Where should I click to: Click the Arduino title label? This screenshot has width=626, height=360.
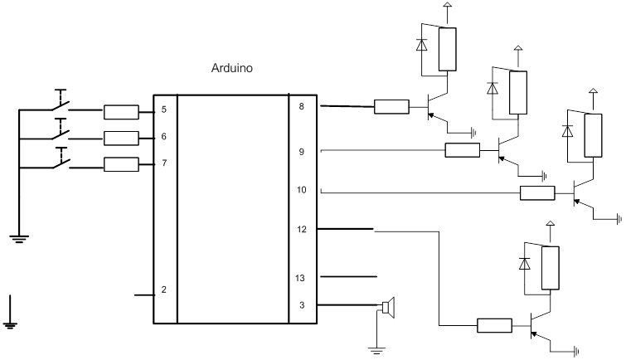pyautogui.click(x=231, y=68)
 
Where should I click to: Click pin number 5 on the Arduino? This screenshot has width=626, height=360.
pyautogui.click(x=163, y=109)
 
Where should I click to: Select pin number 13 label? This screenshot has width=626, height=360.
pyautogui.click(x=300, y=278)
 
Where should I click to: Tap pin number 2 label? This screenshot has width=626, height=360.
pyautogui.click(x=163, y=289)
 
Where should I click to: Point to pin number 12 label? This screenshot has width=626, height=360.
pyautogui.click(x=302, y=229)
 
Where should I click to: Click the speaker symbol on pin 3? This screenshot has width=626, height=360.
pyautogui.click(x=388, y=307)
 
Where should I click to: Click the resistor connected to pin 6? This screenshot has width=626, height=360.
pyautogui.click(x=121, y=139)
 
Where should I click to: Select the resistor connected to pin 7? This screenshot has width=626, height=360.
pyautogui.click(x=121, y=164)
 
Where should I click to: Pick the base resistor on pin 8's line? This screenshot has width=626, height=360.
pyautogui.click(x=391, y=107)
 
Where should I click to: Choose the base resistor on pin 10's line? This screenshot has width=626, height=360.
pyautogui.click(x=537, y=193)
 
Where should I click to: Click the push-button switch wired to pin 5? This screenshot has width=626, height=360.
pyautogui.click(x=61, y=101)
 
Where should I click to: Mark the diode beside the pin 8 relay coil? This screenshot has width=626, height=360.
pyautogui.click(x=421, y=44)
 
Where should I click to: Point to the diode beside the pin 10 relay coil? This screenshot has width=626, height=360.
pyautogui.click(x=567, y=131)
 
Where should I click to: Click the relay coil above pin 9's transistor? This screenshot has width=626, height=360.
pyautogui.click(x=518, y=93)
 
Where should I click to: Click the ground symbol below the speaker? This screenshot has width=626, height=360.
pyautogui.click(x=376, y=351)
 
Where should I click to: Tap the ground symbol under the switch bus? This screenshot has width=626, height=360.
pyautogui.click(x=19, y=239)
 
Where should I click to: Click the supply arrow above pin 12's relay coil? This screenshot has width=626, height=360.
pyautogui.click(x=551, y=224)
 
